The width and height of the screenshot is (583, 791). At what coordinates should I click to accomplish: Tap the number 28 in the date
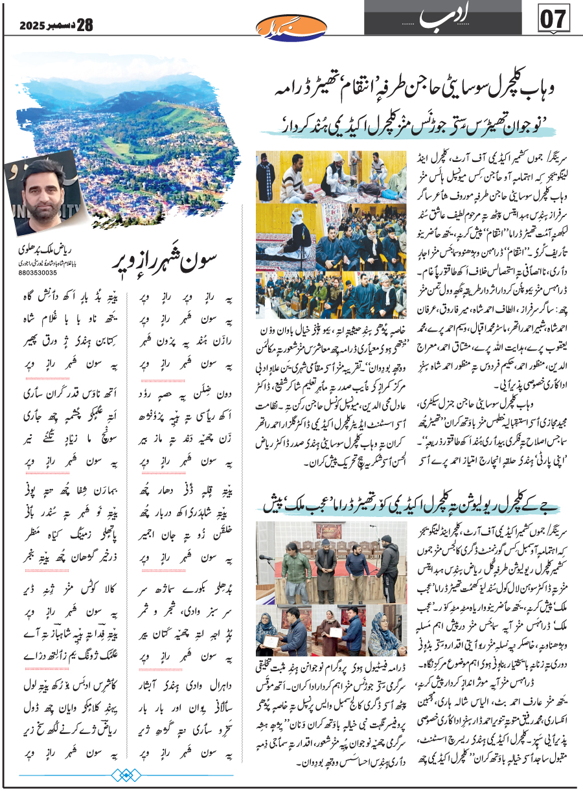pyautogui.click(x=85, y=26)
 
